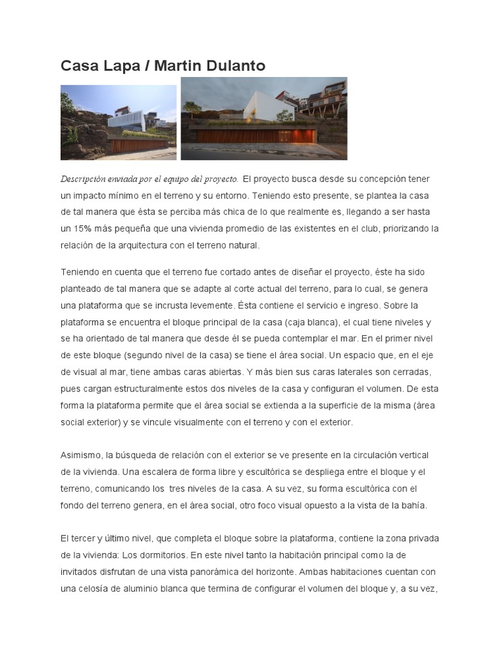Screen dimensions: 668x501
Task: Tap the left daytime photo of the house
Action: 118,122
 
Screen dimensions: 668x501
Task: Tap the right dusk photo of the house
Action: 264,118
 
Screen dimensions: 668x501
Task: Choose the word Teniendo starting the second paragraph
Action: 83,272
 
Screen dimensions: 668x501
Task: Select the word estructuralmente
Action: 166,389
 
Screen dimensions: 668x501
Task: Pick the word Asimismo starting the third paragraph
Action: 81,455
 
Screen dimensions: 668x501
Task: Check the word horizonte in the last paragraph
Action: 271,572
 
